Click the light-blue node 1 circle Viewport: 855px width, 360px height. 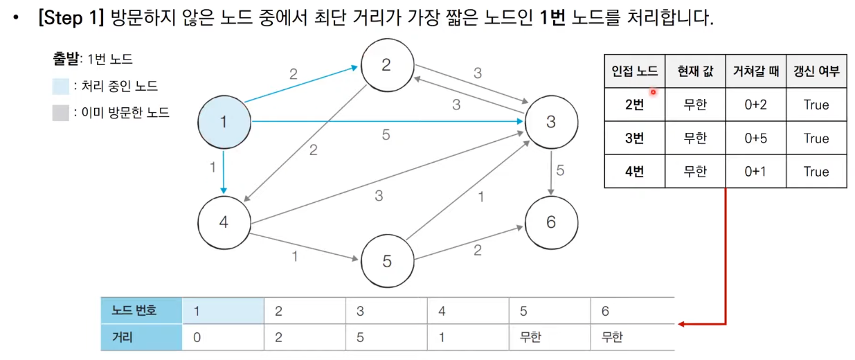223,122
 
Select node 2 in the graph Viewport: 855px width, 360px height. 386,65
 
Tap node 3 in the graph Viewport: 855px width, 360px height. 550,122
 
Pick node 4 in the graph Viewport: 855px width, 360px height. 223,222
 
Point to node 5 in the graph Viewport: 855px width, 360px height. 386,260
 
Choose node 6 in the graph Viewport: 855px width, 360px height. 550,222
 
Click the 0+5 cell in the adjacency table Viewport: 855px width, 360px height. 755,138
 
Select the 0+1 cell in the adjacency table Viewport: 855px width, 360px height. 755,172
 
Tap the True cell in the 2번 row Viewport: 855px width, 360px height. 816,105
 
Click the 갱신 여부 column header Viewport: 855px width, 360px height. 816,71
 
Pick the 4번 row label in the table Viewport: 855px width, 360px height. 634,172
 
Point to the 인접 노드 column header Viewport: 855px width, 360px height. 634,71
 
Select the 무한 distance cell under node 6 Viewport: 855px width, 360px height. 612,338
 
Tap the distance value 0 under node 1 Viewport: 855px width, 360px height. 197,338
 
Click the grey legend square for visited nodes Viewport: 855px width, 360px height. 60,112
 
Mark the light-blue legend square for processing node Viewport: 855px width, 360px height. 60,87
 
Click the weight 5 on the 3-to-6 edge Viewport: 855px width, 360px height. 560,170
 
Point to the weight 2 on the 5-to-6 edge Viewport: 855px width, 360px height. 477,251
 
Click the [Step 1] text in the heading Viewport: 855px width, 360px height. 71,19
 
